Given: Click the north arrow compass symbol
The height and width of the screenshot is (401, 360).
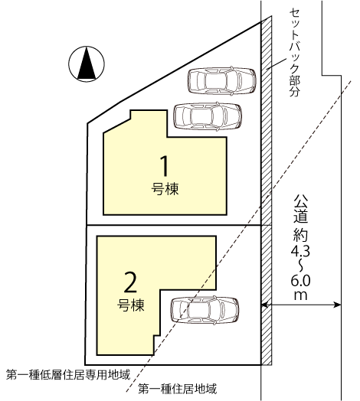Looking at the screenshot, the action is (87, 64).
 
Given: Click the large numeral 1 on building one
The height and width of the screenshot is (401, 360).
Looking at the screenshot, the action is (165, 166).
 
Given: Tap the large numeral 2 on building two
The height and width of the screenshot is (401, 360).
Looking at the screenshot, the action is (130, 282).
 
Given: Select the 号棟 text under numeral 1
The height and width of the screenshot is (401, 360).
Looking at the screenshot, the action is (165, 189).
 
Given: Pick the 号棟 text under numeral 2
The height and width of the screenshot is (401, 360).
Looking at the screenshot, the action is (131, 305).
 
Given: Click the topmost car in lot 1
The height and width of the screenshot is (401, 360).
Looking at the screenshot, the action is (222, 81).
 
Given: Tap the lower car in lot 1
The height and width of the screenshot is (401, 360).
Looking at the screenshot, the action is (208, 116).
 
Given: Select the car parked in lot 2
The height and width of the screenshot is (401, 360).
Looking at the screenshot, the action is (205, 310).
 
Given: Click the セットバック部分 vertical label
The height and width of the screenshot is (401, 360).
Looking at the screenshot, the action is (294, 53).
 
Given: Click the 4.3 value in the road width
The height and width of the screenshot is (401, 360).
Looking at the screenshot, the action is (300, 252).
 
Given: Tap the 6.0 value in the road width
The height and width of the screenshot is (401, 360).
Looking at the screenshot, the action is (300, 282).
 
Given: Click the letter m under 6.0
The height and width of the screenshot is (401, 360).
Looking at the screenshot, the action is (300, 295).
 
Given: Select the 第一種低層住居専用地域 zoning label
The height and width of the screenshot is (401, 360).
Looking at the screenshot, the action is (68, 375).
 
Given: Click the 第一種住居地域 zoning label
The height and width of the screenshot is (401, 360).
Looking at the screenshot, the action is (178, 389).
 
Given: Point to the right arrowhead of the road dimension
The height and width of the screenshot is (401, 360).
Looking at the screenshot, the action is (337, 305).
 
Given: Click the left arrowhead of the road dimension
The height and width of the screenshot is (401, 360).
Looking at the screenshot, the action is (265, 305).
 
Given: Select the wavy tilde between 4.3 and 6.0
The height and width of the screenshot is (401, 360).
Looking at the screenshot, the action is (300, 266).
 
